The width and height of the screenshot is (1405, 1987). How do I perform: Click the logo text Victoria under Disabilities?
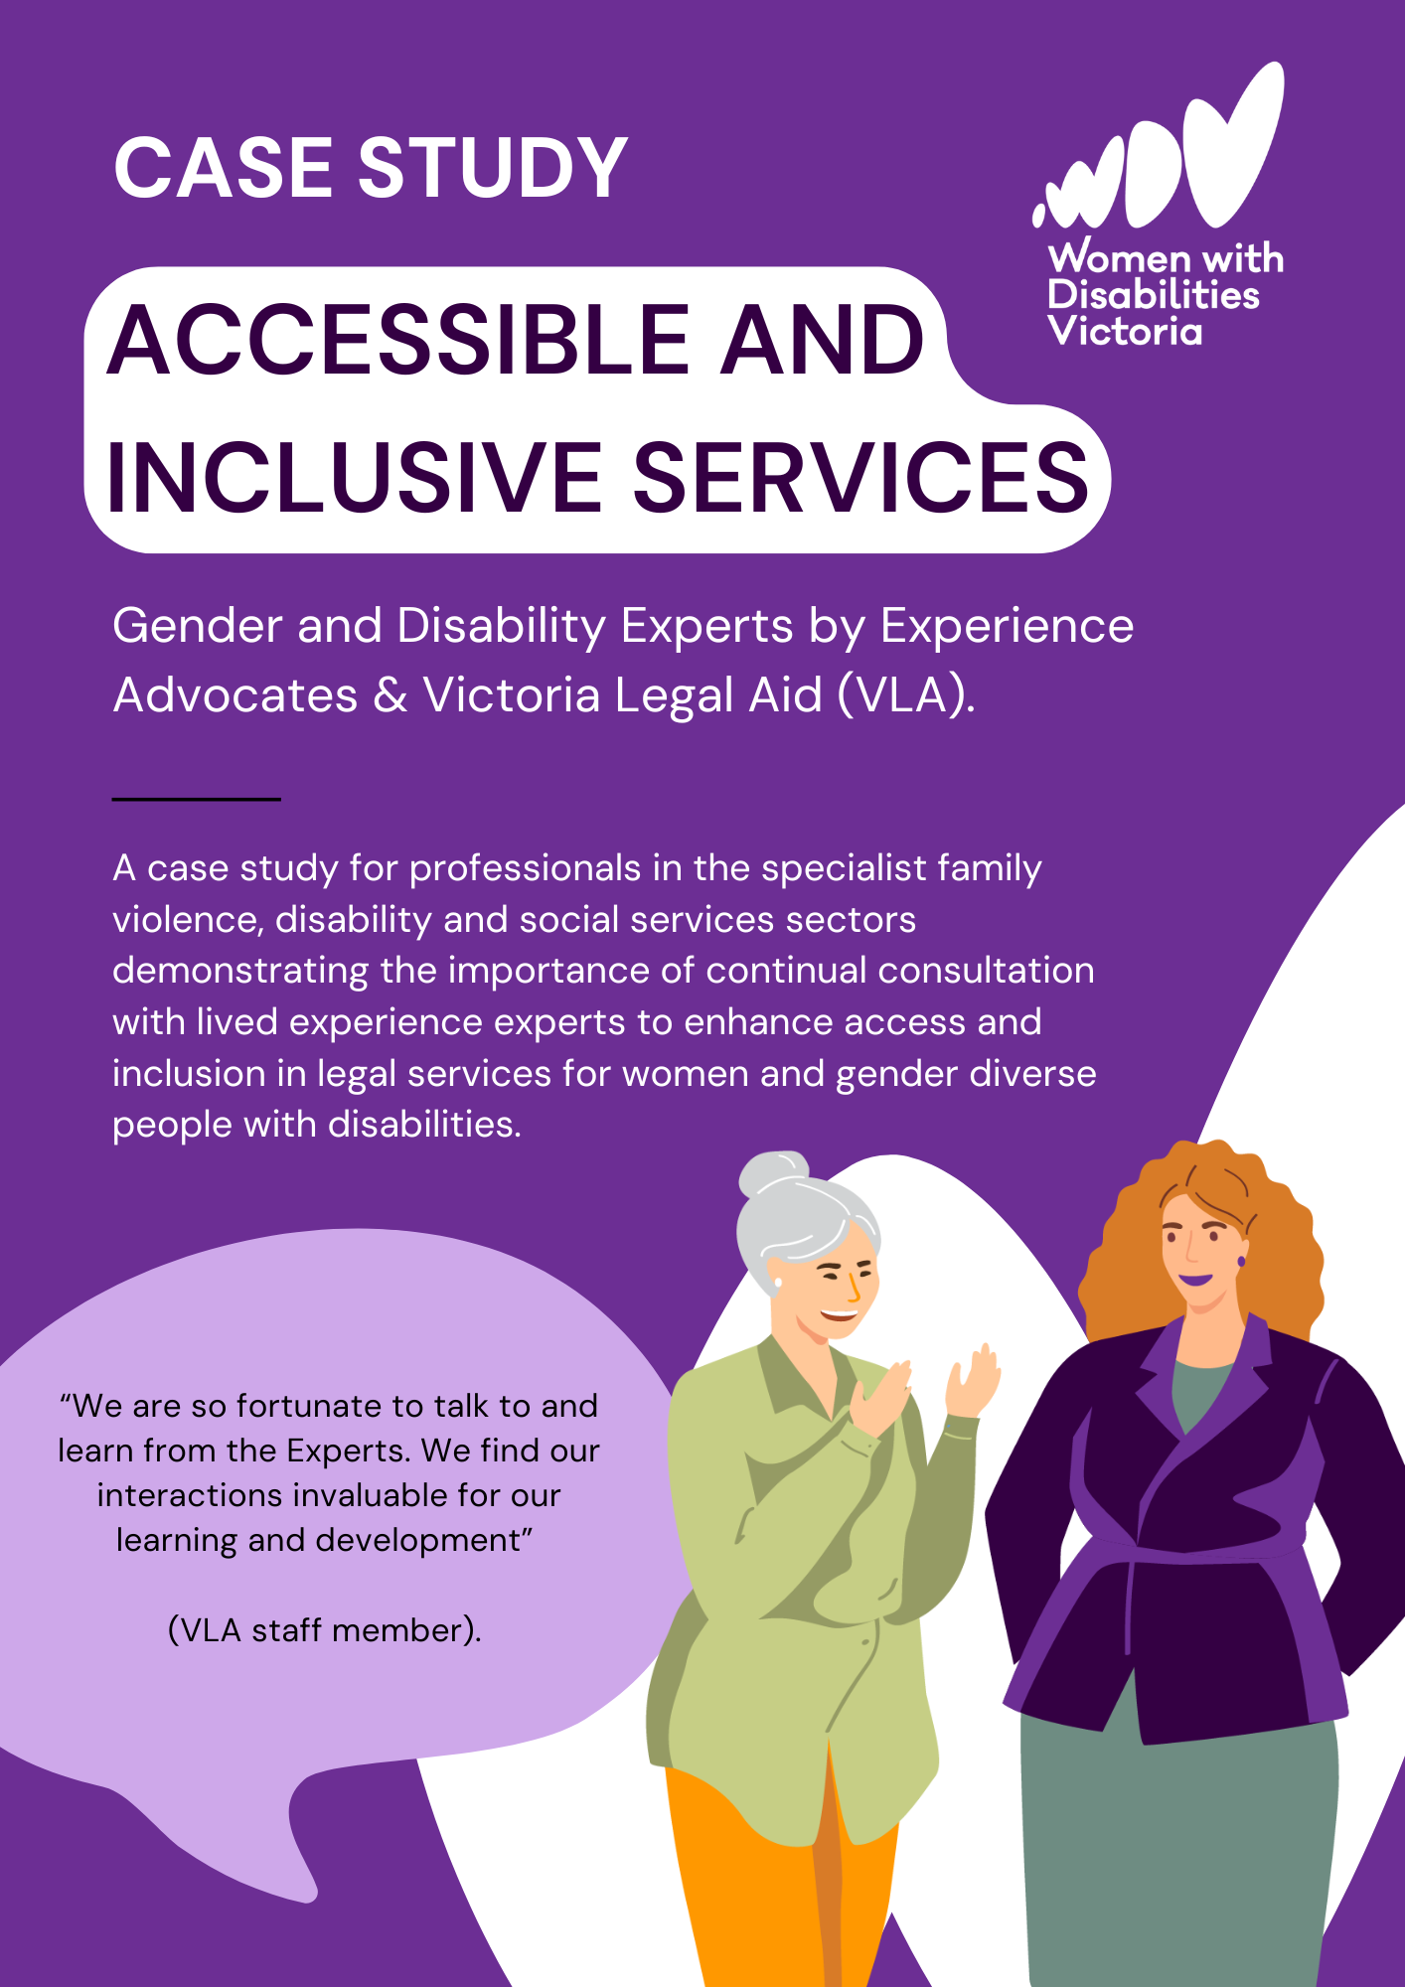[1125, 331]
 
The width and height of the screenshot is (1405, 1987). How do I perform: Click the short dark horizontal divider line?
[197, 799]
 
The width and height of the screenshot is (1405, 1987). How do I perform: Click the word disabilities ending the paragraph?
[424, 1125]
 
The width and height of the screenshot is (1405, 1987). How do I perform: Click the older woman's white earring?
[777, 1283]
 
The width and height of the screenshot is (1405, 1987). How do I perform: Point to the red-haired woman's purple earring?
[1241, 1262]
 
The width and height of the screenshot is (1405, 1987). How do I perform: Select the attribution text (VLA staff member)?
[325, 1630]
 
